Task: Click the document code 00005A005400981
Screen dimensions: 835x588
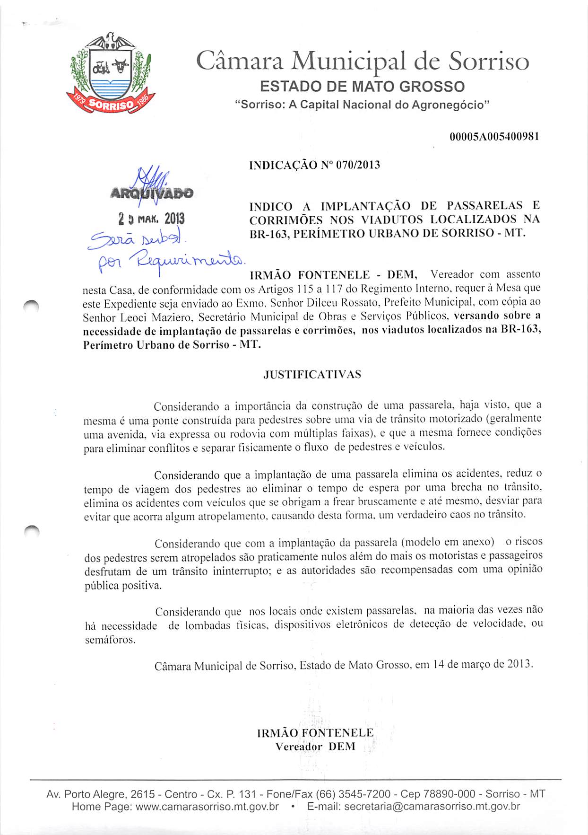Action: pos(494,137)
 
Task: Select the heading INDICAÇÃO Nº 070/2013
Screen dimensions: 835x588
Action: pos(314,165)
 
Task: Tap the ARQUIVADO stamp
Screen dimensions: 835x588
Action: pos(151,193)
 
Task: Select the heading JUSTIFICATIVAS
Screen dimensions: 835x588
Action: pos(312,375)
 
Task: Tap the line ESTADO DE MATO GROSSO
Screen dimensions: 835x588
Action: pos(363,87)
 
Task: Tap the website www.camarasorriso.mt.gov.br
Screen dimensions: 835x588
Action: pos(207,807)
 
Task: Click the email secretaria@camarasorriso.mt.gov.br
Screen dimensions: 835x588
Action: pos(432,807)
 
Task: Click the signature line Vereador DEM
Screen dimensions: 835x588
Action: pos(315,747)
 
